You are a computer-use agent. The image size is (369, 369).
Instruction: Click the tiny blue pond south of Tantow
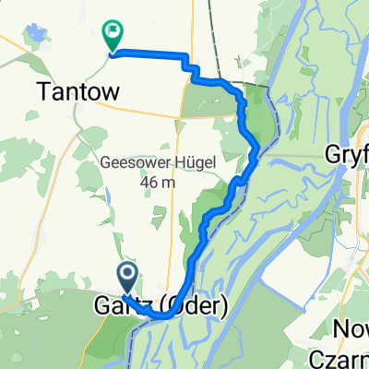(x=108, y=195)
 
